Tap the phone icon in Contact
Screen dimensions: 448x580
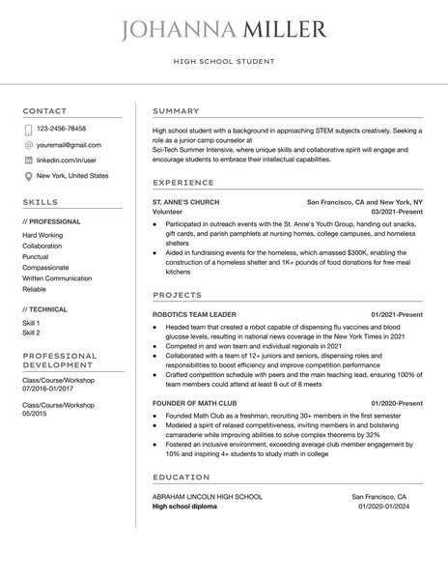28,129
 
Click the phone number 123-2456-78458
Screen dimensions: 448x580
61,129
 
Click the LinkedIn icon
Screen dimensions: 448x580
28,159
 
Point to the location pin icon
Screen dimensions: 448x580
28,176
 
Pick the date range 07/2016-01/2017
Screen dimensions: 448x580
55,390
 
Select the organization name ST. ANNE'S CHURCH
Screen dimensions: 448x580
186,202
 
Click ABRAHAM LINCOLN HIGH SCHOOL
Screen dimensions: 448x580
207,496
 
